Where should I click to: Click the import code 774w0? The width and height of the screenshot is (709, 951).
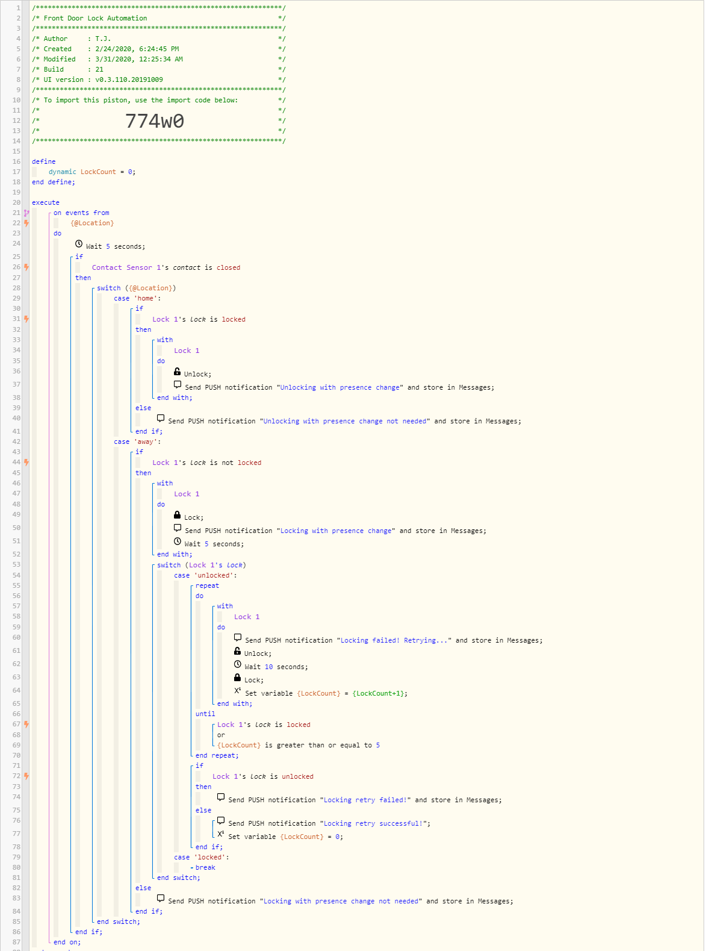(x=155, y=121)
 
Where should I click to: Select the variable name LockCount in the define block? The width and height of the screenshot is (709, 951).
(x=98, y=172)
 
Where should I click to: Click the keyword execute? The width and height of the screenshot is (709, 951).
(x=46, y=203)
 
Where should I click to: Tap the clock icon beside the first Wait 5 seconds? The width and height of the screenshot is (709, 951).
(x=79, y=245)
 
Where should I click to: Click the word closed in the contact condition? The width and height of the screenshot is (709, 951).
(x=229, y=268)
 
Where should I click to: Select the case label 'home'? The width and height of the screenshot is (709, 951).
(x=146, y=299)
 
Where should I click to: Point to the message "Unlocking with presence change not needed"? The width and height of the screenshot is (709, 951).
(x=344, y=422)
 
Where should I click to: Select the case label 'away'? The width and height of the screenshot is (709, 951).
(x=146, y=442)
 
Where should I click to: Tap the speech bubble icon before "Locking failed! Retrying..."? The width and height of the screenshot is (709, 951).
(x=238, y=638)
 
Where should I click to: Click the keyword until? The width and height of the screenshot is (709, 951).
(x=205, y=714)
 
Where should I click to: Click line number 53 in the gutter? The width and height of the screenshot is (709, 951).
(x=16, y=565)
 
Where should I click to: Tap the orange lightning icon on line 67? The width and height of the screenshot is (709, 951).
(x=27, y=725)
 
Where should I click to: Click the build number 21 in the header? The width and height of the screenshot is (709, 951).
(x=99, y=70)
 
